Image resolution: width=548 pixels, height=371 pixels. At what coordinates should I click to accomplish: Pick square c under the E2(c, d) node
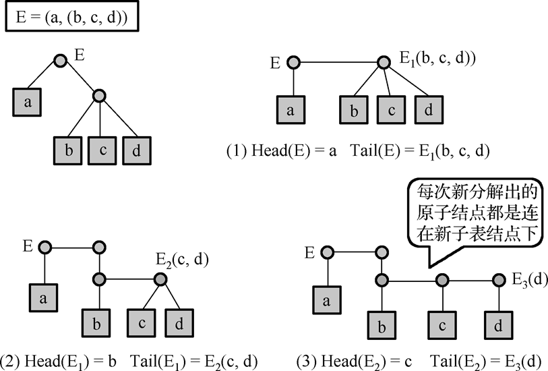[x=142, y=322]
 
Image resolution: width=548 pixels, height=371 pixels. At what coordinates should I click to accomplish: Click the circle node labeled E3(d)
[x=498, y=279]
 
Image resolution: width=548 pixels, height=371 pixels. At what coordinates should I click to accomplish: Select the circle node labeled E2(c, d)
[x=160, y=279]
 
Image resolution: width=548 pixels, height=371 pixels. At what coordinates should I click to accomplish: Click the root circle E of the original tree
[x=61, y=61]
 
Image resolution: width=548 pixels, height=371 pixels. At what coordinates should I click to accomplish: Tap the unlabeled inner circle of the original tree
[x=100, y=96]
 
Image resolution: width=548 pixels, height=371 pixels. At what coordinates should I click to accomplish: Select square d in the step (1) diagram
[x=428, y=110]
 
